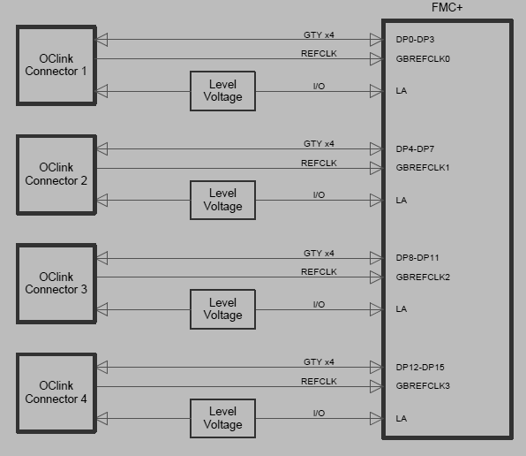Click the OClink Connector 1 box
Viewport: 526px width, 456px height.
coord(56,65)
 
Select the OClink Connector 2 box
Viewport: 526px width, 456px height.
coord(56,174)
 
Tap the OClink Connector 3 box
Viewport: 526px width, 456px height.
coord(56,283)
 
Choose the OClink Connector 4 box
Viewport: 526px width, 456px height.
coord(56,392)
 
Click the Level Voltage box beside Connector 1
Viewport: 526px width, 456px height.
coord(222,91)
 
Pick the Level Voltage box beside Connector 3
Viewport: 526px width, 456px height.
coord(222,308)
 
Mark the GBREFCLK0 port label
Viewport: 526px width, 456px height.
coord(423,59)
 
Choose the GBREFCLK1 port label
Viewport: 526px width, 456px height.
coord(423,168)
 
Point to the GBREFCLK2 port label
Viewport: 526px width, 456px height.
coord(423,277)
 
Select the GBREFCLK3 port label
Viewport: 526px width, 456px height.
coord(423,386)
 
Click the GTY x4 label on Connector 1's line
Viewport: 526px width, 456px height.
coord(319,35)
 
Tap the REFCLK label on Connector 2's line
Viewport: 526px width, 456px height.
coord(319,163)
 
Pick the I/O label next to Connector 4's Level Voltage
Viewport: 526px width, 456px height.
coord(319,414)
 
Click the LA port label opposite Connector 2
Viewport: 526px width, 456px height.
coord(402,201)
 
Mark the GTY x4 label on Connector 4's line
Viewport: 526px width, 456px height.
coord(319,362)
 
